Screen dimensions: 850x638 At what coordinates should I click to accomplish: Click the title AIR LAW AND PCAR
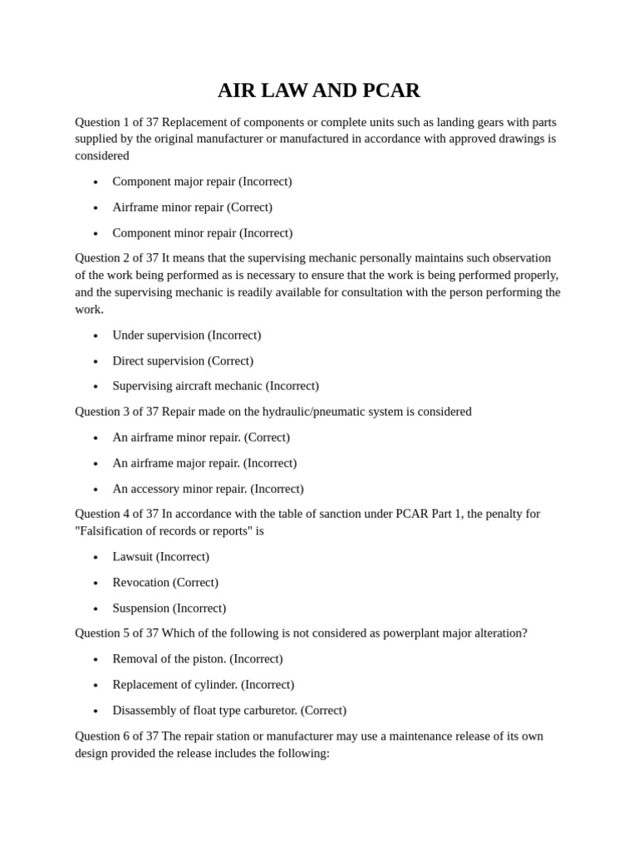(319, 90)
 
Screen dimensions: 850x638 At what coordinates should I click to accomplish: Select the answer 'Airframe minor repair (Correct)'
(192, 207)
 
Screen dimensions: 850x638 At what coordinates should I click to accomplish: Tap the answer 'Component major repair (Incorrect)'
(202, 181)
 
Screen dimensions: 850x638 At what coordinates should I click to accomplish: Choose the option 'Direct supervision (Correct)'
(183, 360)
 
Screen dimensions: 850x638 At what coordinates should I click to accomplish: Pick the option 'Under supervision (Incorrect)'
(186, 335)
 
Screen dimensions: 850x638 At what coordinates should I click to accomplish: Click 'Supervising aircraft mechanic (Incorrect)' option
(215, 385)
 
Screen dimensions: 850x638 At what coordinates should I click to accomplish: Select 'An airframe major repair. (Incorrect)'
(204, 462)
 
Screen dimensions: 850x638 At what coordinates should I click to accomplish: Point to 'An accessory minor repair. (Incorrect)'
(208, 488)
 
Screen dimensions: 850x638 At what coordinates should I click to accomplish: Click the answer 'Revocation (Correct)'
(165, 582)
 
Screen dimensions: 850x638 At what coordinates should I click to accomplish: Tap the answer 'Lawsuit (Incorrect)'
(160, 556)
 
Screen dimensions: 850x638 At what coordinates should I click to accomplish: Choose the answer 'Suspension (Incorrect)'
(169, 608)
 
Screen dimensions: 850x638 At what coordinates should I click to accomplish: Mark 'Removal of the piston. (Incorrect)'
(197, 658)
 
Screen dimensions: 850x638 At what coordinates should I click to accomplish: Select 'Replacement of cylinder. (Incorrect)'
(203, 684)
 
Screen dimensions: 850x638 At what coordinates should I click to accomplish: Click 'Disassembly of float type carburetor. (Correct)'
(229, 710)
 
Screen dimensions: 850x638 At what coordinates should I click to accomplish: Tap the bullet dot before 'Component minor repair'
(96, 233)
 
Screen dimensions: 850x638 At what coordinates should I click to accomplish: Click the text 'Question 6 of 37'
(116, 735)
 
